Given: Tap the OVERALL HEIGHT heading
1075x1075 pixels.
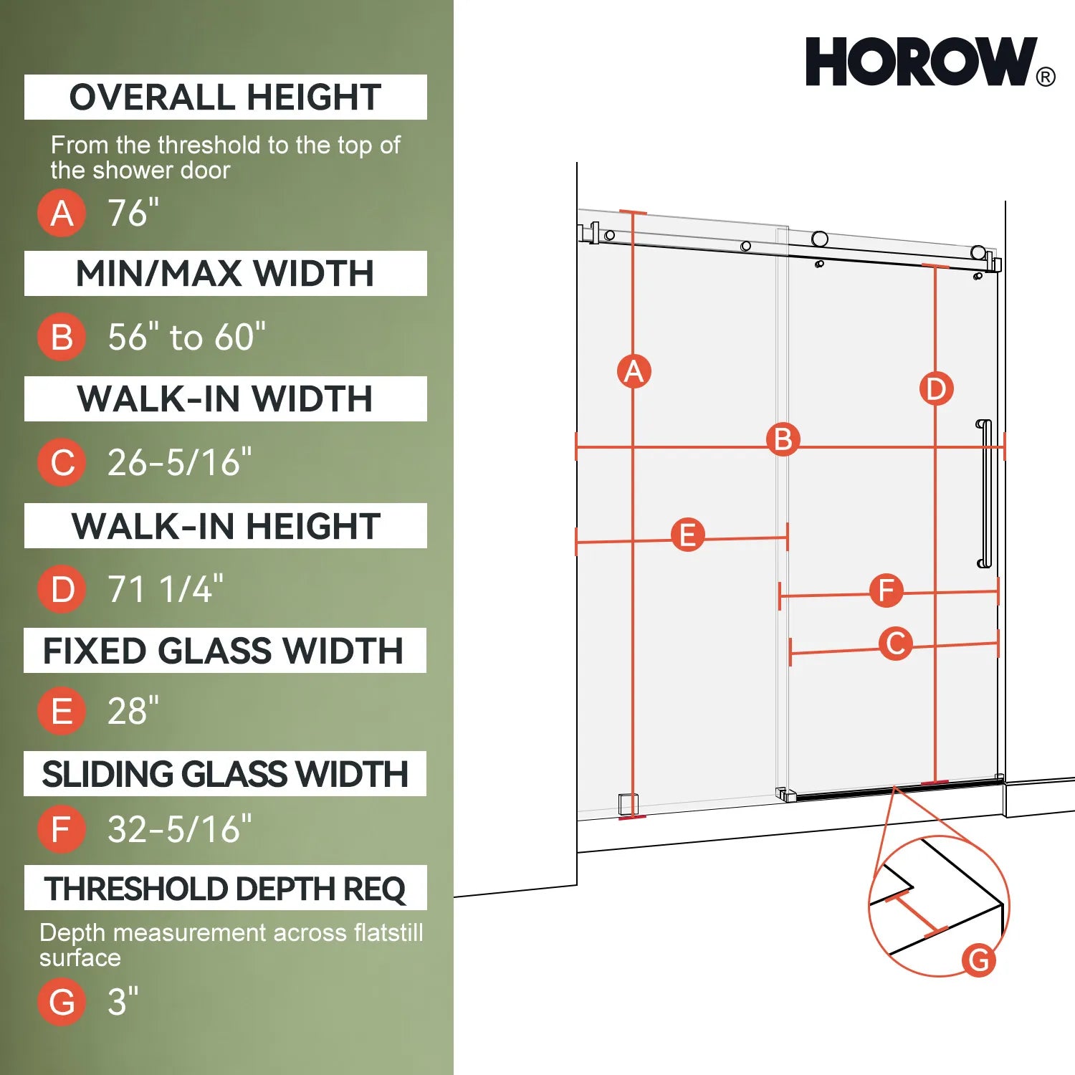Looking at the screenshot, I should point(225,97).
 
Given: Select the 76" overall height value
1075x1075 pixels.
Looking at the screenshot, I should point(133,213).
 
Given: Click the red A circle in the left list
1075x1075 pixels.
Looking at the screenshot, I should point(62,213).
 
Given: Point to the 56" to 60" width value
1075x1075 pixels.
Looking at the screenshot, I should point(186,337).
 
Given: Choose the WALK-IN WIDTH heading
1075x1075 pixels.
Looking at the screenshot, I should point(225,398).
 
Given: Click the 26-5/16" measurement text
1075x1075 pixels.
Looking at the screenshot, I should point(179,462).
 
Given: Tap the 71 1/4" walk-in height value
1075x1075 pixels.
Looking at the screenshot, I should point(165,589).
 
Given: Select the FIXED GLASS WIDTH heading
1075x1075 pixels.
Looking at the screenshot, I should point(224,651).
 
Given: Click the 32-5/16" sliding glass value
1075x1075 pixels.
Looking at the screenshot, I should point(179,829).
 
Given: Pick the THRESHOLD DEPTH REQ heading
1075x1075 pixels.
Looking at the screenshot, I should point(225,889).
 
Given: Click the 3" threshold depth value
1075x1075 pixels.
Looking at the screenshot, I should point(123,1001).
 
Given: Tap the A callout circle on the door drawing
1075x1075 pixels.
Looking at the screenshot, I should point(634,371).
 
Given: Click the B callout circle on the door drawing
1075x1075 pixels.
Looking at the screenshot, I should point(783,439).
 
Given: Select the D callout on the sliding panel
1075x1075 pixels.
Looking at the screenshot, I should point(936,388).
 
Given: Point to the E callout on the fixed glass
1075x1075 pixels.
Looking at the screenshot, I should point(687,535).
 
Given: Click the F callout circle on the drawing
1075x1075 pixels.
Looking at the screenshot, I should point(886,591).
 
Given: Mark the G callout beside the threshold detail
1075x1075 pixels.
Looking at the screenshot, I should point(979,959).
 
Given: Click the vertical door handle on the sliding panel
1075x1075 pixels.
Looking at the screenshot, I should point(985,494).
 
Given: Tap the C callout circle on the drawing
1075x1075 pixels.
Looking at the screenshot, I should point(896,643).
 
